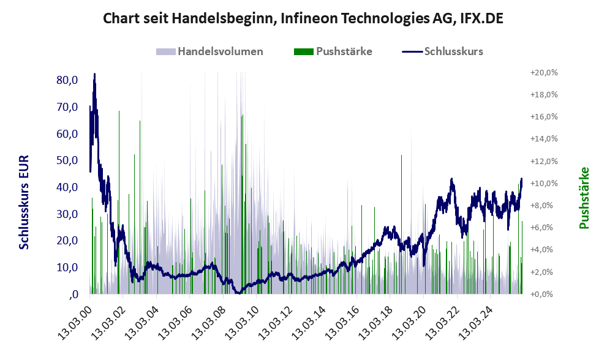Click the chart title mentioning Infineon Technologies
[x=303, y=18]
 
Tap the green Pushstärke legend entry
[x=333, y=51]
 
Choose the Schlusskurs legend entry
[x=443, y=51]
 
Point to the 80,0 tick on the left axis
[x=66, y=80]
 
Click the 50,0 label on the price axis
[x=66, y=160]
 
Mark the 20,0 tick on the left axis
[x=66, y=241]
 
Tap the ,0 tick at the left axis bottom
[x=74, y=294]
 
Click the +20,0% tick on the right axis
[x=543, y=72]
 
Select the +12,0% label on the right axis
[x=543, y=161]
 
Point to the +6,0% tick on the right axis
[x=543, y=228]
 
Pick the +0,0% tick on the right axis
[x=543, y=294]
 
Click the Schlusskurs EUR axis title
[x=25, y=202]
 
